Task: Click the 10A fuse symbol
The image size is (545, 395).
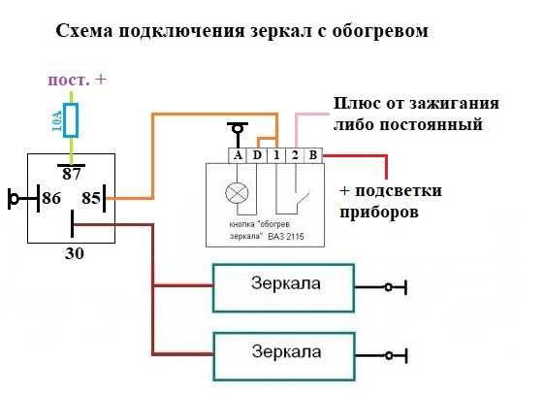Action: (x=71, y=120)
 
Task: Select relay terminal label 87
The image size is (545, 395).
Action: (x=72, y=174)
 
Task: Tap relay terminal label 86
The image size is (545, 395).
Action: (x=51, y=198)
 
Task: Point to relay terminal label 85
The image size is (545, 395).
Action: (x=91, y=198)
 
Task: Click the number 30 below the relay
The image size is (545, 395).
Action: (x=75, y=253)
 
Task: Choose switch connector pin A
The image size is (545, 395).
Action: (x=238, y=155)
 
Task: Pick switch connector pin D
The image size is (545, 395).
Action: (x=257, y=155)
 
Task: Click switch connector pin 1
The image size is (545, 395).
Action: (x=276, y=155)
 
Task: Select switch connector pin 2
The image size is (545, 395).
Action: (x=295, y=155)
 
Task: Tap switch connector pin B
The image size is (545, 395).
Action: (x=313, y=155)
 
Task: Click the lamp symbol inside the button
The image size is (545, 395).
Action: (x=237, y=193)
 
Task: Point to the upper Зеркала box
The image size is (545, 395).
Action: (x=283, y=288)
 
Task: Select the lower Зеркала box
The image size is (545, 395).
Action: (x=283, y=356)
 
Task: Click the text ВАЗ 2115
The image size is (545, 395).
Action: (x=286, y=237)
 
